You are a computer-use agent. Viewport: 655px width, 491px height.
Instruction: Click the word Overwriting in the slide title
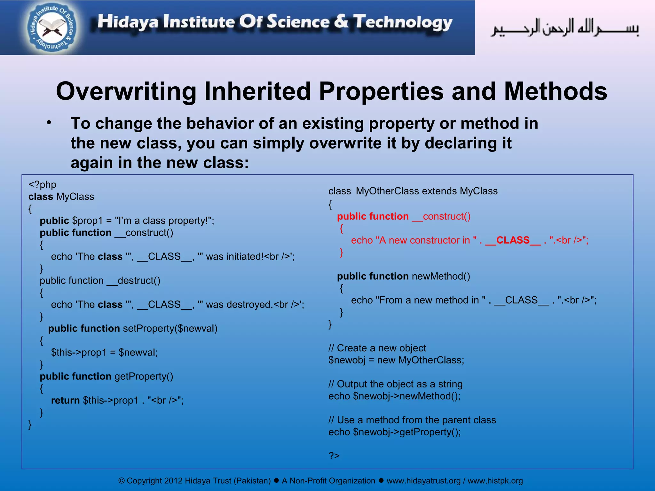pos(125,91)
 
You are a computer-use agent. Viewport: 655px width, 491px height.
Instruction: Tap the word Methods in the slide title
pos(556,91)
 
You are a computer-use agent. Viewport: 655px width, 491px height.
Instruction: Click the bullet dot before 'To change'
pos(49,123)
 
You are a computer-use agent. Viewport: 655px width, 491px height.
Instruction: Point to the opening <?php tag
pos(42,185)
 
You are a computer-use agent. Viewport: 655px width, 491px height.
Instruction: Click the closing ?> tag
pos(334,456)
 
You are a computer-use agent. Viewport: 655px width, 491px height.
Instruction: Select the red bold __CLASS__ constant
pos(513,240)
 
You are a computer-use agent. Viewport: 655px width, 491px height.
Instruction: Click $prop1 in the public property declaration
pos(87,221)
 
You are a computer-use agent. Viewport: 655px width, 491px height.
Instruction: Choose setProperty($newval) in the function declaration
pos(170,329)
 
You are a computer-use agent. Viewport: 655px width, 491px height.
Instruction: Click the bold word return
pos(65,401)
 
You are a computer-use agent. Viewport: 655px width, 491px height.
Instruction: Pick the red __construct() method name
pos(441,216)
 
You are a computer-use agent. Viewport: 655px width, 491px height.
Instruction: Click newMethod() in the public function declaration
pos(441,276)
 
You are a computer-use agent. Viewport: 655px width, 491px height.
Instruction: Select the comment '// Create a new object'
pos(377,348)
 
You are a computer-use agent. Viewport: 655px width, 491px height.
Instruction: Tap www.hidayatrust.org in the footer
pos(423,481)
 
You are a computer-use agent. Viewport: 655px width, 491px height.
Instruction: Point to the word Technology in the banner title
pos(403,22)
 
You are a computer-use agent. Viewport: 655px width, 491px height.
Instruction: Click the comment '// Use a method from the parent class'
pos(412,420)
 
